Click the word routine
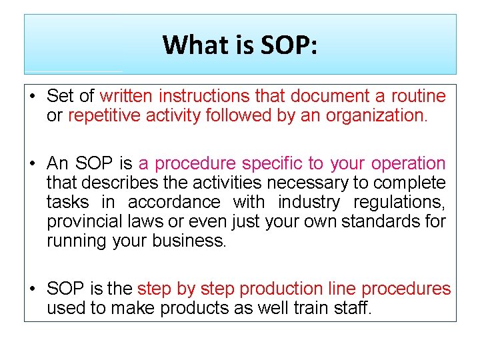(x=418, y=97)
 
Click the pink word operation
(x=408, y=163)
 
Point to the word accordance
(x=174, y=202)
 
